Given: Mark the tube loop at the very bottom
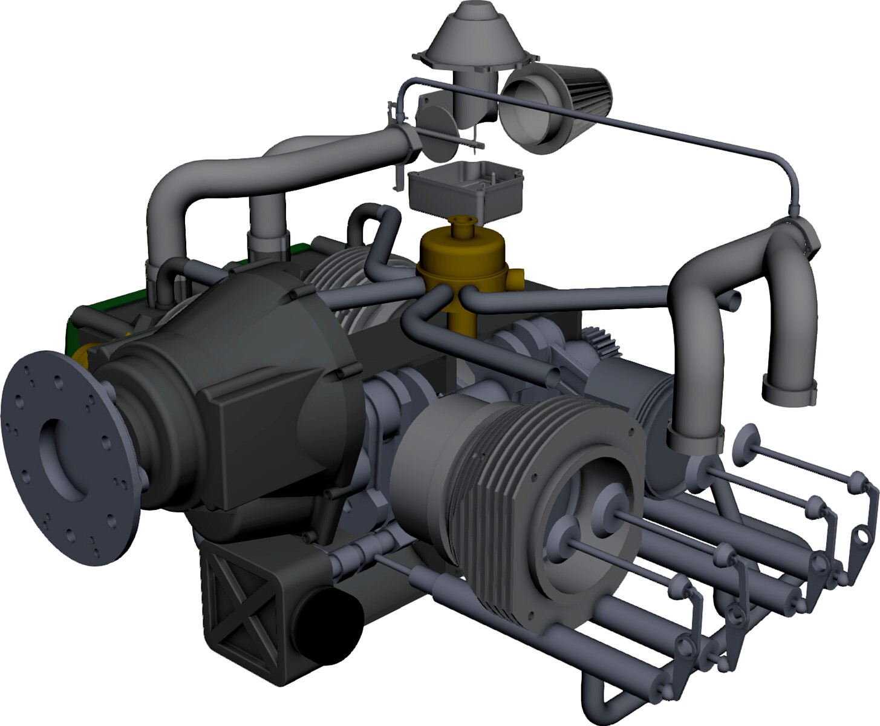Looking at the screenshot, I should point(596,696).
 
